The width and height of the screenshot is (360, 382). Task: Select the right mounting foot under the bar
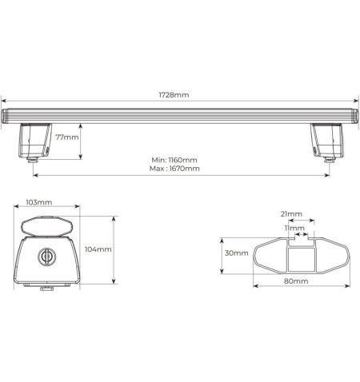click(x=328, y=139)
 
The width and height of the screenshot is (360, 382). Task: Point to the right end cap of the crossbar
click(x=353, y=115)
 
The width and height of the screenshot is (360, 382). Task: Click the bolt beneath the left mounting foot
click(x=33, y=161)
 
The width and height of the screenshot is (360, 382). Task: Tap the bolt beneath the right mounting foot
click(x=329, y=161)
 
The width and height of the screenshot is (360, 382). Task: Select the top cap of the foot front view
click(x=47, y=225)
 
